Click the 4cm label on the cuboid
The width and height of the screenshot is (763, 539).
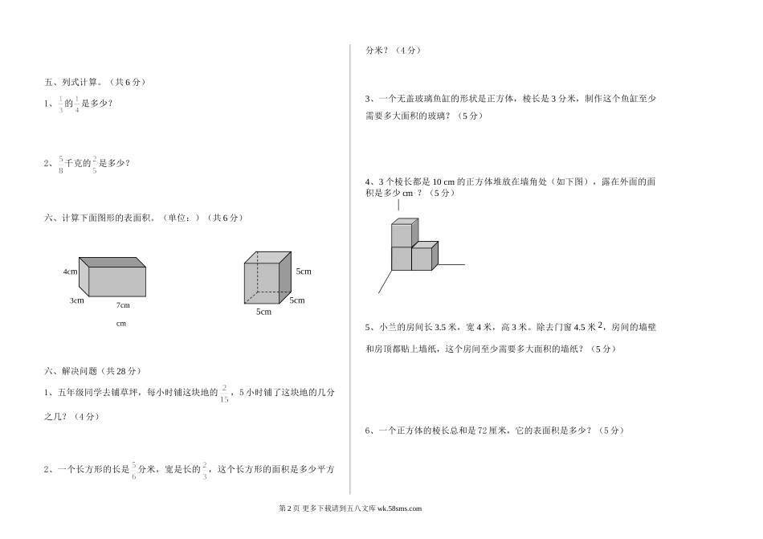[70, 272]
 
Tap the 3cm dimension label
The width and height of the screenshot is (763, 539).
[77, 300]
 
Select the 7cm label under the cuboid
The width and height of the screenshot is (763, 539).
[123, 305]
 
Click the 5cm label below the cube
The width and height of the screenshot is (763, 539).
[263, 312]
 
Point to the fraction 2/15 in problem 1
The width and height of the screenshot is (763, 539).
[224, 394]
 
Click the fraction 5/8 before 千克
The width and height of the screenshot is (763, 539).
[61, 165]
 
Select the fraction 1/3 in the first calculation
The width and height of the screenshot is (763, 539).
[61, 104]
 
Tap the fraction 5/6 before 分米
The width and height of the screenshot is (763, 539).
[134, 471]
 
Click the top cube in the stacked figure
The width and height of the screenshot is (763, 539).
[405, 232]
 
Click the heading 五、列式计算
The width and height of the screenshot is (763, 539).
[72, 82]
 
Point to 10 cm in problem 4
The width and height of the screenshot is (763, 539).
[443, 182]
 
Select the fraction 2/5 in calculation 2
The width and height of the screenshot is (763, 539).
[95, 165]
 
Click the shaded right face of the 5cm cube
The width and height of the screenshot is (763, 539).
[285, 277]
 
